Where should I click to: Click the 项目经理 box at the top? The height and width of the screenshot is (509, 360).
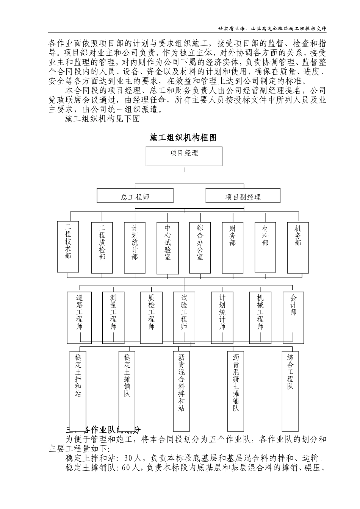pos(184,156)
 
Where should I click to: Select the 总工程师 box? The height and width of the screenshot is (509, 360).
pos(135,196)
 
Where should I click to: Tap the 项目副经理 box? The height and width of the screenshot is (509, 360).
pos(243,196)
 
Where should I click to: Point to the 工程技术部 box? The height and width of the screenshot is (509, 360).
pos(68,247)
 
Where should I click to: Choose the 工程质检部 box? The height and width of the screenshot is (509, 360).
pos(102,247)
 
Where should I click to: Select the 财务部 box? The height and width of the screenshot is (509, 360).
pos(233,247)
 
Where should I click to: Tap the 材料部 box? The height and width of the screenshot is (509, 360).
pos(265,247)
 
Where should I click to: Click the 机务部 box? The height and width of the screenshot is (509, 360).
pos(298,247)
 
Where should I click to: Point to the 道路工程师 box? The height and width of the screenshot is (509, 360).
pos(79,317)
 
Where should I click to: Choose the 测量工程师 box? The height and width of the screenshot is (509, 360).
pos(113,317)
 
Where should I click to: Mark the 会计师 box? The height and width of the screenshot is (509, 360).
pos(293,317)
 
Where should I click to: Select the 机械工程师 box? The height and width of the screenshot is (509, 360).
pos(260,317)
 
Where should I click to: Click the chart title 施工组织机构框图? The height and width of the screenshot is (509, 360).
pos(183,138)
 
